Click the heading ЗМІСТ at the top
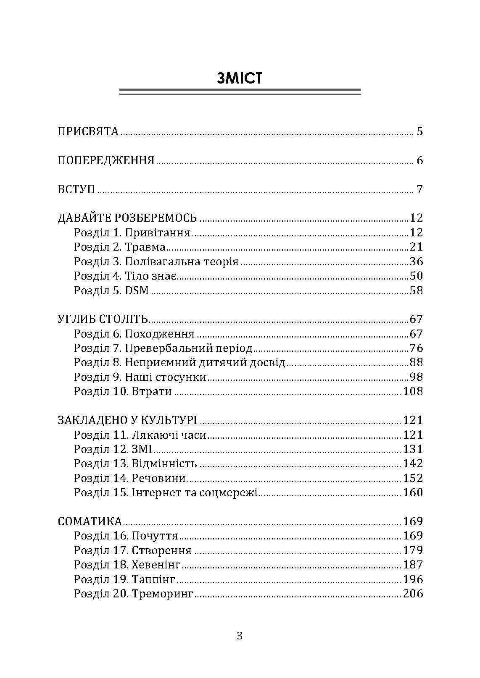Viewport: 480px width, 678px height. [240, 78]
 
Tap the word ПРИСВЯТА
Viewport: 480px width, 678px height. [88, 131]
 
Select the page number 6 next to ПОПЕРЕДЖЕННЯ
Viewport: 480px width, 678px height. [419, 160]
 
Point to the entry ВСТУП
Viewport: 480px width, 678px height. [76, 189]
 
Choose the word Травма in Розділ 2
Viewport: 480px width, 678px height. [145, 247]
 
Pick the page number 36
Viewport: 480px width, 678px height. [416, 262]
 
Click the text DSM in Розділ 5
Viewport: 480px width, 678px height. [137, 291]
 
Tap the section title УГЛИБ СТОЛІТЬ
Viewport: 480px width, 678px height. [103, 319]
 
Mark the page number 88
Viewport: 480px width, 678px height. [416, 363]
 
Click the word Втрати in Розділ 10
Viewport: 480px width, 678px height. [152, 392]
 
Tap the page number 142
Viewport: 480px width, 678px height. [412, 464]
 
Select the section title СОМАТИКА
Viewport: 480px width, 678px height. [90, 522]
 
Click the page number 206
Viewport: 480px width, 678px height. [412, 594]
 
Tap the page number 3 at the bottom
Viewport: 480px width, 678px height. [240, 636]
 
